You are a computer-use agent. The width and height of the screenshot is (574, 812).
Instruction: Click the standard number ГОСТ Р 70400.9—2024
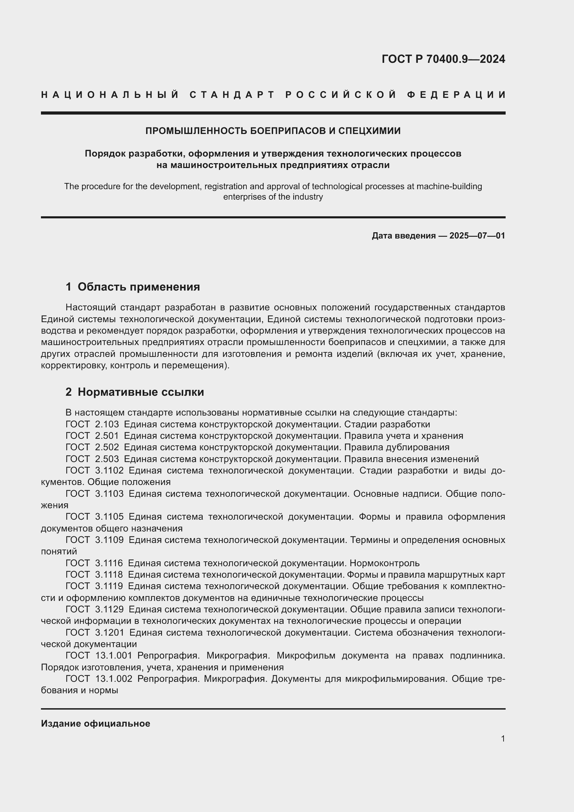coord(443,59)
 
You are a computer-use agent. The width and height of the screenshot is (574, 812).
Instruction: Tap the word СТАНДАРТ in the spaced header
coord(232,95)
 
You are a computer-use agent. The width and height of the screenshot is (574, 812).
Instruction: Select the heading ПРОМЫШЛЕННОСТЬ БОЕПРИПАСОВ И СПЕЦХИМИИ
coord(273,131)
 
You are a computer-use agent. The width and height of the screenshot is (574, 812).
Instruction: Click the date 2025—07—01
coord(477,235)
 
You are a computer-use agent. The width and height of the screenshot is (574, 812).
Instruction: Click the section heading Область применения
coord(138,287)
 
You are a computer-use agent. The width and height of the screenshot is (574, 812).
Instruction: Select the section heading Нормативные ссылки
coord(141,392)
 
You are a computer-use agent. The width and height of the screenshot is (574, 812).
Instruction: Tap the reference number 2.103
coord(107,424)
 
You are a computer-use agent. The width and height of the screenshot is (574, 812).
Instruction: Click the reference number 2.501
coord(107,436)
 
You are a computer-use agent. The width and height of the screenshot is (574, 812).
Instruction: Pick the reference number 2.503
coord(107,459)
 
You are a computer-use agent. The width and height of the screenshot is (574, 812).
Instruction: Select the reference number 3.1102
coord(109,470)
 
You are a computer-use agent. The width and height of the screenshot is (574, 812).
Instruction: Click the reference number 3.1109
coord(109,540)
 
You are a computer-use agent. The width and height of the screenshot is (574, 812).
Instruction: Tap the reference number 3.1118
coord(109,575)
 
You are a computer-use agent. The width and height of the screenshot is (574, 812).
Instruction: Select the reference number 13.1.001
coord(114,656)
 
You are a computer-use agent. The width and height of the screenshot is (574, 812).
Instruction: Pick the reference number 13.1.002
coord(114,679)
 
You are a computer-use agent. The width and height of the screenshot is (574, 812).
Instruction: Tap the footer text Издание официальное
coord(95,723)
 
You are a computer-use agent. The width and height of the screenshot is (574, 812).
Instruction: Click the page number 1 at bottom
coord(503,738)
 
